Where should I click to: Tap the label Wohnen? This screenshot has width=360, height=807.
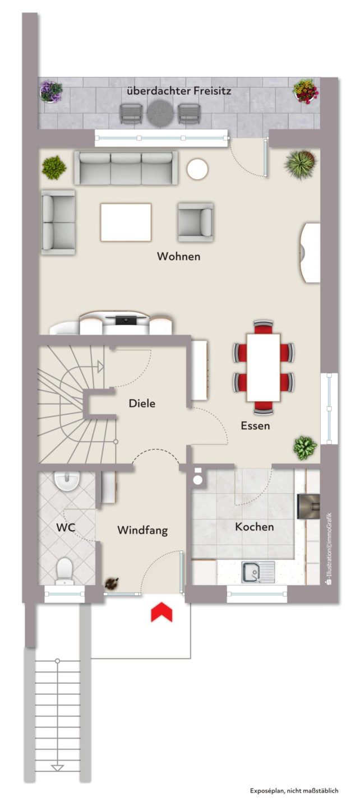click(x=178, y=257)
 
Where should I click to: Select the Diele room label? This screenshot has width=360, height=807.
click(x=142, y=403)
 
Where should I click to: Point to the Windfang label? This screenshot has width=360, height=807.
click(x=142, y=530)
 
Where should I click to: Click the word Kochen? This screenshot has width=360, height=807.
click(x=255, y=527)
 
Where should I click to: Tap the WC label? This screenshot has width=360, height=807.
click(x=66, y=528)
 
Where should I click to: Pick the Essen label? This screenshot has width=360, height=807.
click(x=255, y=426)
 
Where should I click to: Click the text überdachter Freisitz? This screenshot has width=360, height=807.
click(x=179, y=91)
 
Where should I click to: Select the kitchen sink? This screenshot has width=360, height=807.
click(x=258, y=572)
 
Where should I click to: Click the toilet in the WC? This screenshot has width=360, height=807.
click(x=65, y=571)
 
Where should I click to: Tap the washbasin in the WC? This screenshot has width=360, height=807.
click(x=67, y=481)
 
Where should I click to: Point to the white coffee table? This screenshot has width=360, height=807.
click(x=126, y=222)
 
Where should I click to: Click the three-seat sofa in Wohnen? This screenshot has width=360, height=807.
click(x=126, y=168)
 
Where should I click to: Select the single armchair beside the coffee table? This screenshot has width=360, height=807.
click(x=195, y=222)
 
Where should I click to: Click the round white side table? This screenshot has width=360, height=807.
click(x=197, y=169)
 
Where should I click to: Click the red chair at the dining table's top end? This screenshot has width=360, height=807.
click(x=264, y=326)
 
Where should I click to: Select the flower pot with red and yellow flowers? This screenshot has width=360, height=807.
click(x=306, y=91)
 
